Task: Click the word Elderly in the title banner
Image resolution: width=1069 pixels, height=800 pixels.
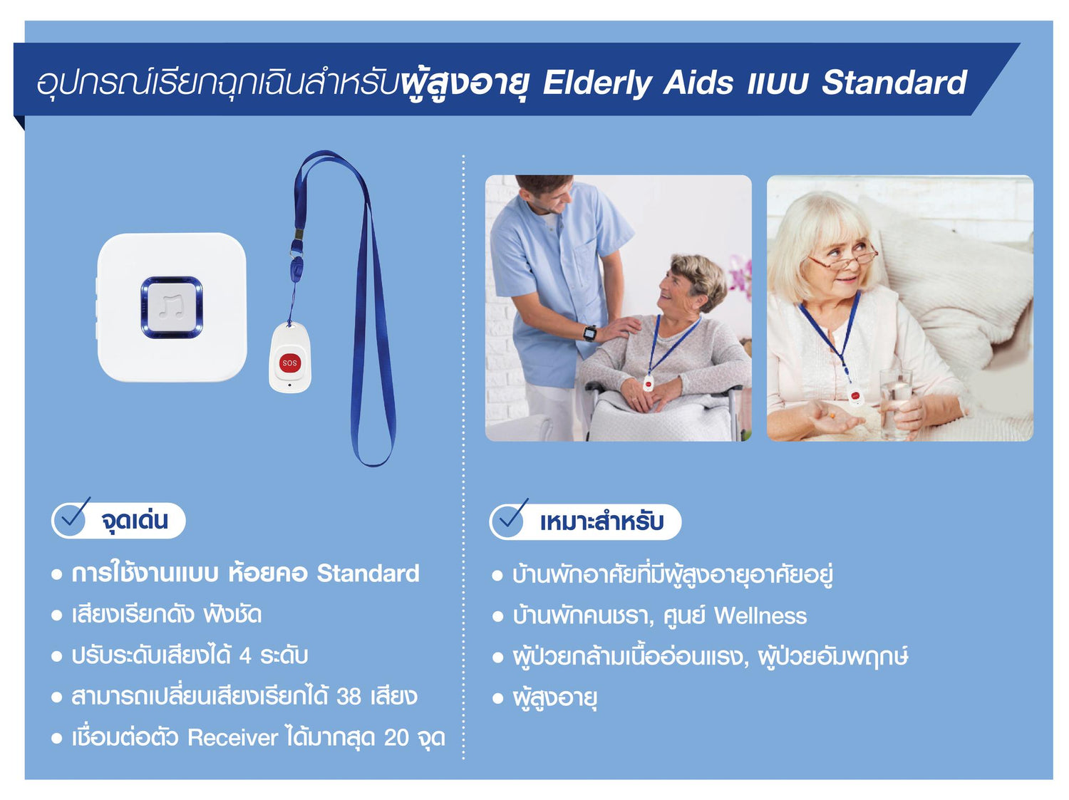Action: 597,83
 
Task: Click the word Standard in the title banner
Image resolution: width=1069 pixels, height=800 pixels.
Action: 894,82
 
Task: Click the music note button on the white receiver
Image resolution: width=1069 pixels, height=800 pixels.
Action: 172,307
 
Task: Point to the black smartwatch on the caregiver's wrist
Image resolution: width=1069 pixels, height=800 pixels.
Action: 590,333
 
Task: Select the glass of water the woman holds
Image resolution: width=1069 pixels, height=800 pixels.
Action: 894,403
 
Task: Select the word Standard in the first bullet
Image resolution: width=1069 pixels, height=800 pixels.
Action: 368,573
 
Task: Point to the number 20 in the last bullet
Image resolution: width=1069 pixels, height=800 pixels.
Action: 396,738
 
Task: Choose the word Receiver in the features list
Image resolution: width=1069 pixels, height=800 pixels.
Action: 233,738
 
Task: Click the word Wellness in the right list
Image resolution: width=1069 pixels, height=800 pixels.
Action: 760,616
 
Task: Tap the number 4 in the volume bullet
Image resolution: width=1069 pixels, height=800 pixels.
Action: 245,656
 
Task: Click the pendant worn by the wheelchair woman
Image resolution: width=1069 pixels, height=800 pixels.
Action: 648,383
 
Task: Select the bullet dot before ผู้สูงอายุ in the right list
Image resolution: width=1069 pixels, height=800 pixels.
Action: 497,698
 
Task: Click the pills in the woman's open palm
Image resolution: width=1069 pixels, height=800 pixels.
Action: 832,415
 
